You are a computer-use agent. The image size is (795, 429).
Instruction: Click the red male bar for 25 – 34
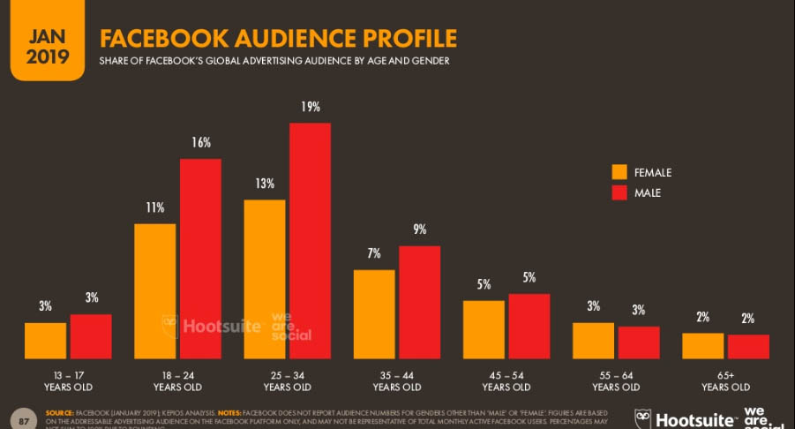point(310,240)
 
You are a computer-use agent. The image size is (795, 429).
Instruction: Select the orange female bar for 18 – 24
point(154,291)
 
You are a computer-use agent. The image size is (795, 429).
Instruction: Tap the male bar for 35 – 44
point(419,302)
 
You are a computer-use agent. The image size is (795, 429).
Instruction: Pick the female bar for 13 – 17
point(45,341)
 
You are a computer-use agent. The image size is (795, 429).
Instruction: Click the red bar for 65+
point(748,346)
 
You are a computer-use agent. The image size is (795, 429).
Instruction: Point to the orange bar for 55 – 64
point(593,341)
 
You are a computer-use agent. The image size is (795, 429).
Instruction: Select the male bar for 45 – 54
point(529,326)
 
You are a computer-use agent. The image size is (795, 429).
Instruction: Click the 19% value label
point(310,107)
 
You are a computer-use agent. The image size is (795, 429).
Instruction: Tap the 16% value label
point(200,143)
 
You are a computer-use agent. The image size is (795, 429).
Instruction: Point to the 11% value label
point(155,208)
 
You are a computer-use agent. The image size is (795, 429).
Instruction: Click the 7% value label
point(374,253)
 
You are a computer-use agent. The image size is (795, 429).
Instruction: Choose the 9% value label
point(419,230)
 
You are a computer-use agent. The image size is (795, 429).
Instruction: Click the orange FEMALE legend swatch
point(620,172)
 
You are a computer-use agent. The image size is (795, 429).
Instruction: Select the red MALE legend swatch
point(620,192)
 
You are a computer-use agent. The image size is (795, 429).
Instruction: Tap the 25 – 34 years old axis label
point(287,380)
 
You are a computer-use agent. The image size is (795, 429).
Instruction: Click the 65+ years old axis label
point(725,380)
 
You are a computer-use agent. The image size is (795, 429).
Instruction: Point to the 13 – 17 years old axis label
point(68,380)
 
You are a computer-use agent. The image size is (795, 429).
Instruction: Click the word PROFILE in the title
point(401,38)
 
